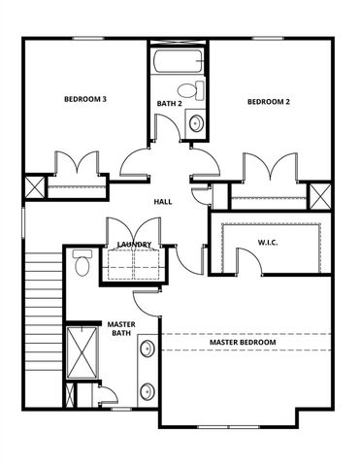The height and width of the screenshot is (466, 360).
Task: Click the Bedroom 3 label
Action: [85, 99]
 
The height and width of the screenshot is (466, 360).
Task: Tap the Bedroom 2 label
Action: [269, 102]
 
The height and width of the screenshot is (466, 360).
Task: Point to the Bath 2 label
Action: [170, 103]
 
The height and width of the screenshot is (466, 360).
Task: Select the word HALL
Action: [163, 202]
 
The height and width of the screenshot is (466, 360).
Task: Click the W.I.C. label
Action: [269, 241]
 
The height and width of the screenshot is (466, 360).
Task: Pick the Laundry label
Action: [132, 245]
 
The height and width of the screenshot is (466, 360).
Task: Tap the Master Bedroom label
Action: [243, 343]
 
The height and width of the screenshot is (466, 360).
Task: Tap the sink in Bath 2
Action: [195, 123]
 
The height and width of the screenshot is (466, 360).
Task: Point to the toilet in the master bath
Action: [82, 263]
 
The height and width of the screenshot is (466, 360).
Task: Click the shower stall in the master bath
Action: [79, 354]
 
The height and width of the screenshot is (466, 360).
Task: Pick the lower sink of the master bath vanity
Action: [147, 392]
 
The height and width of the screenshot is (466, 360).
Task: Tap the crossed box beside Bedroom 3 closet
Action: [34, 187]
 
